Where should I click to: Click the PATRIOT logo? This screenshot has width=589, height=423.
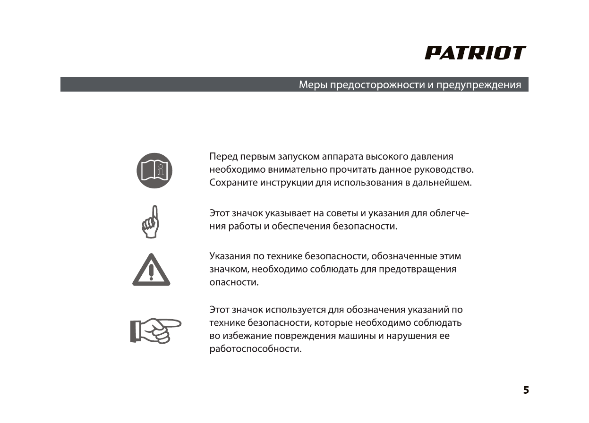tap(475, 53)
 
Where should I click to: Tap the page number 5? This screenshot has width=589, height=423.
tap(526, 390)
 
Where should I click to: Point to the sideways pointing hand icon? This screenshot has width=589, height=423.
tap(156, 329)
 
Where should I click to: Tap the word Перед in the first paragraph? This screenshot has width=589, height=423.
tap(223, 157)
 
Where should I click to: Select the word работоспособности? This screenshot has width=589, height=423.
tap(255, 349)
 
